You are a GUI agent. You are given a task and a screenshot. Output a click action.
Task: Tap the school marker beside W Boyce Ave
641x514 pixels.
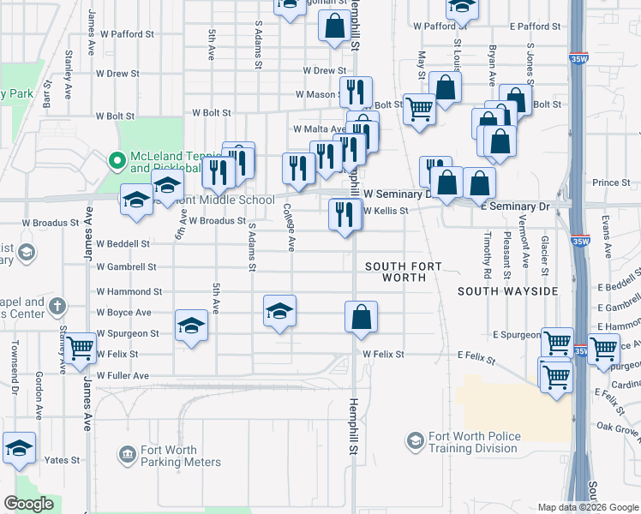[x=279, y=312]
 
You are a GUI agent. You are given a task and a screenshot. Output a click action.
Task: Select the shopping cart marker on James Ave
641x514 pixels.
[x=80, y=349]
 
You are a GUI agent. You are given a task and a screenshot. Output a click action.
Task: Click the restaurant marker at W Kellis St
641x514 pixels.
[x=344, y=214]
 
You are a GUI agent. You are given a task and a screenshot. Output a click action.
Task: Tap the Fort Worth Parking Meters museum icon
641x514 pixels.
[x=128, y=453]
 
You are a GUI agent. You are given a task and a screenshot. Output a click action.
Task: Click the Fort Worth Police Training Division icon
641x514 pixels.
[x=416, y=441]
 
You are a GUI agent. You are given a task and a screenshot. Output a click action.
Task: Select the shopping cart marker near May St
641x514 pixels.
[x=419, y=110]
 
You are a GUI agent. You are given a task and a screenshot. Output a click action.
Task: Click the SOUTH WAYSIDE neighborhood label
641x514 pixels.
[x=508, y=291]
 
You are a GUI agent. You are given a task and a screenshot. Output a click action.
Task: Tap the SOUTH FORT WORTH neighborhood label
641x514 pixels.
[x=404, y=272]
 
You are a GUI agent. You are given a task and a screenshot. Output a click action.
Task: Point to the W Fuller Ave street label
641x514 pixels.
[x=123, y=375]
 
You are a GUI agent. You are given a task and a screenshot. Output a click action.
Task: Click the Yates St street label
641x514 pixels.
[x=63, y=460]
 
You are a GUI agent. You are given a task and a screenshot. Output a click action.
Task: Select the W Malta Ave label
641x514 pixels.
[x=319, y=128]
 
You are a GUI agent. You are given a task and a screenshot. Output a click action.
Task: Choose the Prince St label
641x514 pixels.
[x=611, y=182]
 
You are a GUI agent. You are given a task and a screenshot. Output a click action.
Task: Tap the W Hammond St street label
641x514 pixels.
[x=129, y=291]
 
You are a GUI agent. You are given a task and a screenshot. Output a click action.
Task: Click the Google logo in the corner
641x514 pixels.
[x=29, y=504]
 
